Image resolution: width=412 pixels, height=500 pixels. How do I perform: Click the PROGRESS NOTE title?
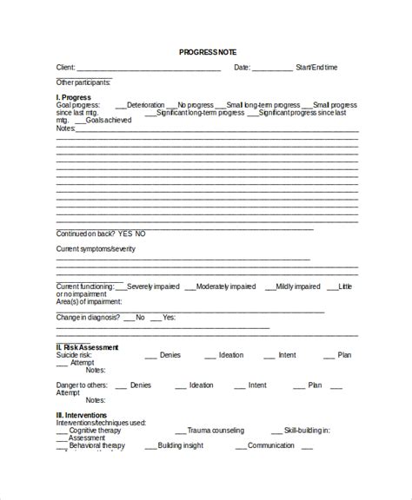click(x=207, y=52)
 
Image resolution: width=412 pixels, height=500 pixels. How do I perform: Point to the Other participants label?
click(x=83, y=82)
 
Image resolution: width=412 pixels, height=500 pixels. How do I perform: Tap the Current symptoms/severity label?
click(x=96, y=249)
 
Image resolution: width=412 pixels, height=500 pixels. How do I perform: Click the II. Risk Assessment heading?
click(x=87, y=347)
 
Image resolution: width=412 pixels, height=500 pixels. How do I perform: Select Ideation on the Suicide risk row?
click(x=231, y=355)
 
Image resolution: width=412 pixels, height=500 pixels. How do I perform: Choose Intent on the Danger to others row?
click(x=257, y=385)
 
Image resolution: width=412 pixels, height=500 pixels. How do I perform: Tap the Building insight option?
click(x=181, y=445)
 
